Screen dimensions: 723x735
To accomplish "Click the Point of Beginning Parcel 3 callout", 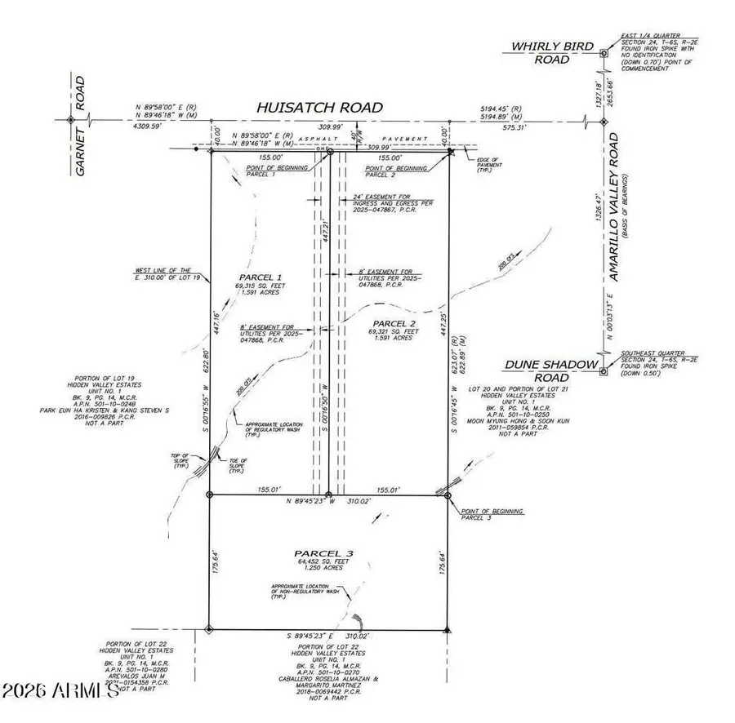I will tap(490, 514).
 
